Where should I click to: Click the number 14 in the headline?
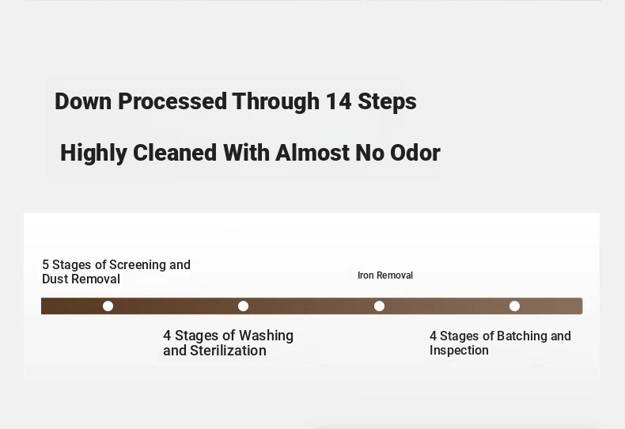[339, 101]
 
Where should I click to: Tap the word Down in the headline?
[83, 101]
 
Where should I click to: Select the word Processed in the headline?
[172, 101]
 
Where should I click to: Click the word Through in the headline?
[276, 102]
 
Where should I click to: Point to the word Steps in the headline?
[387, 102]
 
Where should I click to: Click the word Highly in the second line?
[93, 154]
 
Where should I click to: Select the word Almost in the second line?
[312, 153]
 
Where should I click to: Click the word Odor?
[415, 153]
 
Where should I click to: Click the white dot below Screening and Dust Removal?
[108, 306]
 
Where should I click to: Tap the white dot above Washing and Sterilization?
[243, 306]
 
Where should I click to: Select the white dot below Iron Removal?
[379, 306]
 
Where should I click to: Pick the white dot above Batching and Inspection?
[514, 306]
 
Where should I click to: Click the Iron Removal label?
[385, 275]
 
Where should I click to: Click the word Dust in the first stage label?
[55, 279]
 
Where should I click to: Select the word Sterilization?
[228, 351]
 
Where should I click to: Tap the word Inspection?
[459, 351]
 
